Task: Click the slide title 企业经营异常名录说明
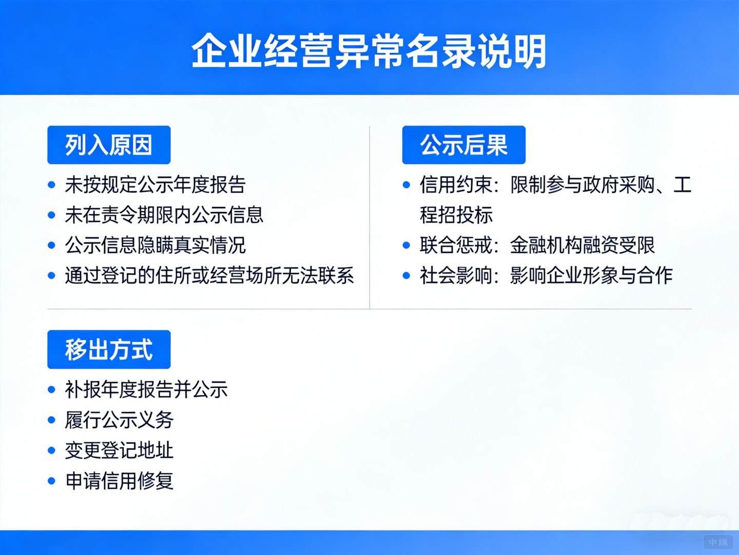369,51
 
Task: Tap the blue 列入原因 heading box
109,145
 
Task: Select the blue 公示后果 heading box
463,145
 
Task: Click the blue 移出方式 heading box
109,349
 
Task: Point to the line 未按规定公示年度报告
155,185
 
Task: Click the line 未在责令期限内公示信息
164,215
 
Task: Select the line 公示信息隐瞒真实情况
155,246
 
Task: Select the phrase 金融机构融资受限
582,246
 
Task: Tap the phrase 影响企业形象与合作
591,276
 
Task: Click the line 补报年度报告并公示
146,390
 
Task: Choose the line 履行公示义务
119,420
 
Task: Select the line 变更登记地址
119,451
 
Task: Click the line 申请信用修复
119,481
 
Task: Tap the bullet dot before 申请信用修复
51,481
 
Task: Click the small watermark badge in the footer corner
717,542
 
